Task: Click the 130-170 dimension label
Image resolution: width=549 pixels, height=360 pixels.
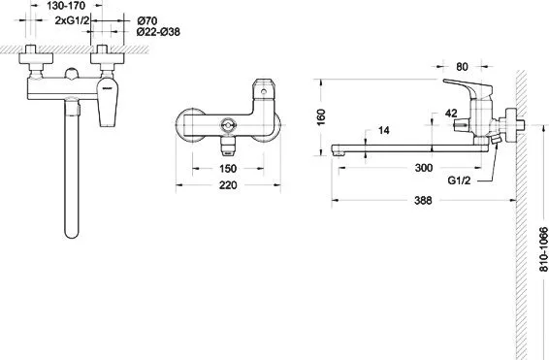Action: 66,6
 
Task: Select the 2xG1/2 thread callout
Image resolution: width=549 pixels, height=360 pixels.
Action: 72,20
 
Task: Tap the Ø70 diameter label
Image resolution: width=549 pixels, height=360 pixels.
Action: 147,21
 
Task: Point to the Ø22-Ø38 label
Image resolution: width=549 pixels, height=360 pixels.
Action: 158,32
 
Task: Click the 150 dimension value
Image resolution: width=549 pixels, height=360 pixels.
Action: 228,169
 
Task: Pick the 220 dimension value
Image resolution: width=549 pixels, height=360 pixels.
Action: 228,185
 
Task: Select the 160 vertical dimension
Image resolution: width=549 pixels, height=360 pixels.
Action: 321,117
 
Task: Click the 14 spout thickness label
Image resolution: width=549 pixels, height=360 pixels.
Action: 384,130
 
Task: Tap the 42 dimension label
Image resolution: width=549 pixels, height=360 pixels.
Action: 451,114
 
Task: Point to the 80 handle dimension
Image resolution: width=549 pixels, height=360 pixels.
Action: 462,67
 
